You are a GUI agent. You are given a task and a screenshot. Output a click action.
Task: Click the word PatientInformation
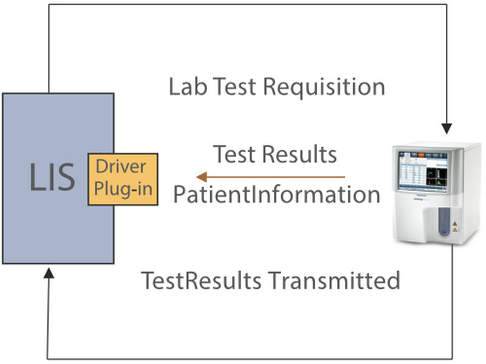(277, 195)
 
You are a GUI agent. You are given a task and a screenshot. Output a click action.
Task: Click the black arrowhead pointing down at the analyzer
(447, 128)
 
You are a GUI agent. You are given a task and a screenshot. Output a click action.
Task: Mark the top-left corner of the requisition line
(49, 5)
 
